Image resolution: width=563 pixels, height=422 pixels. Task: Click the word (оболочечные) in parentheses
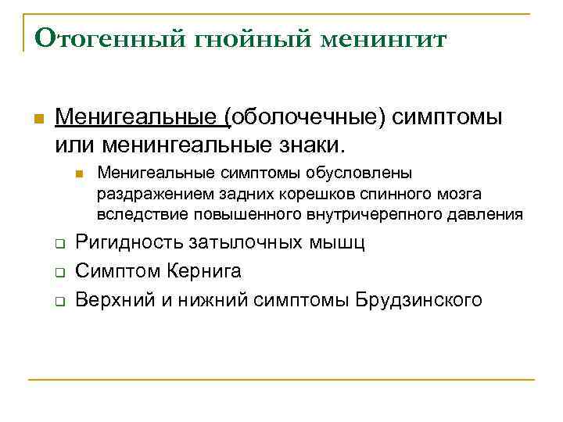pyautogui.click(x=306, y=117)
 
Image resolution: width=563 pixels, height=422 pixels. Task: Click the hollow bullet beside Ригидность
pyautogui.click(x=59, y=244)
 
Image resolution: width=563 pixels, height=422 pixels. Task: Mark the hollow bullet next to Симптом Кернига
pyautogui.click(x=59, y=272)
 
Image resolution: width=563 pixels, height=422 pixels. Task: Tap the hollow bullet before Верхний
pyautogui.click(x=59, y=301)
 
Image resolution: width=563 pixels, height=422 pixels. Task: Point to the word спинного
pyautogui.click(x=386, y=193)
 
